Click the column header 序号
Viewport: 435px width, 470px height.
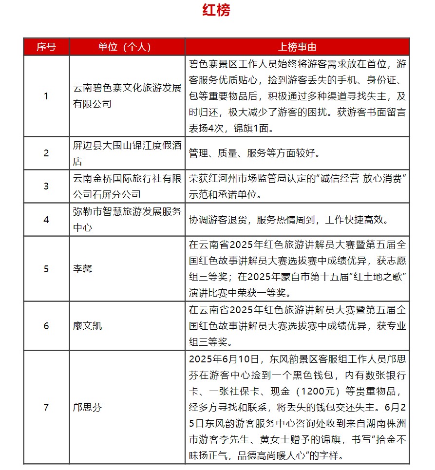tap(46, 47)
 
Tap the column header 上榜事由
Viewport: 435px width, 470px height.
tap(297, 47)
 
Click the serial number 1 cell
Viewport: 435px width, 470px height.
tap(46, 96)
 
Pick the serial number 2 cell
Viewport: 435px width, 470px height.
tap(46, 153)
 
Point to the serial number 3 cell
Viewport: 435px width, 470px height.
tap(46, 186)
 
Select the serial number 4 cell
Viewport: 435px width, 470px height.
tap(46, 220)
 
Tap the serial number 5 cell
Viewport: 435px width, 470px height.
tap(46, 269)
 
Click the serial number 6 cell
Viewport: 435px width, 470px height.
tap(46, 326)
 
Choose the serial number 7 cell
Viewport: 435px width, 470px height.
tap(46, 407)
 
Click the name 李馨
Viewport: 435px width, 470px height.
tap(82, 269)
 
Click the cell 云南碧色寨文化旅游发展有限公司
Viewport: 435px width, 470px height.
tap(127, 96)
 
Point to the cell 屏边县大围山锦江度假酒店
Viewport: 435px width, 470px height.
tap(127, 153)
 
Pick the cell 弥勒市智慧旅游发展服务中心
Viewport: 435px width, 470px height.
tap(127, 220)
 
